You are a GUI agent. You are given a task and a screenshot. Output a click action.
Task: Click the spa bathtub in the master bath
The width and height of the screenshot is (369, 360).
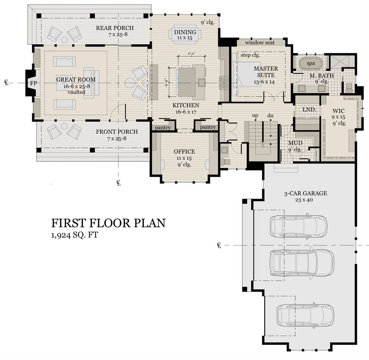pyautogui.click(x=311, y=63)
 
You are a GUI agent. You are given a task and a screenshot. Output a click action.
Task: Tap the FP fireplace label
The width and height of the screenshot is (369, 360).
pyautogui.click(x=33, y=83)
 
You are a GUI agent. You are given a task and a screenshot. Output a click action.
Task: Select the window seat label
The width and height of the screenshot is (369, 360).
pyautogui.click(x=260, y=43)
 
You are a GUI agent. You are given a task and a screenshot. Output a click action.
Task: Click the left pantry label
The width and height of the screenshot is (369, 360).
pyautogui.click(x=163, y=128)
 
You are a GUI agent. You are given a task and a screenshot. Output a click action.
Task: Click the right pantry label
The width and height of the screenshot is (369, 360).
pyautogui.click(x=208, y=127)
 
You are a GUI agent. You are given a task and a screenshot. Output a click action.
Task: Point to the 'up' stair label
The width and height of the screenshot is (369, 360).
pyautogui.click(x=255, y=116)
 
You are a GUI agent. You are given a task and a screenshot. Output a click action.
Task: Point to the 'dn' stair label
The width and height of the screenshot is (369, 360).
pyautogui.click(x=270, y=116)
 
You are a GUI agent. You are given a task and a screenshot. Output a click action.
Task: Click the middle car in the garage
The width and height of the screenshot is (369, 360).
pyautogui.click(x=302, y=263)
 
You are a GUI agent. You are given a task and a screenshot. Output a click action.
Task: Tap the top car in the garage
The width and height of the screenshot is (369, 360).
pyautogui.click(x=299, y=226)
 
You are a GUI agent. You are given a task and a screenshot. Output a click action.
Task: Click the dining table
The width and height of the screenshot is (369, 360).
pyautogui.click(x=185, y=34)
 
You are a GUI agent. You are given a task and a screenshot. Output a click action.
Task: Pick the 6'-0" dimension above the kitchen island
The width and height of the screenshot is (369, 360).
pyautogui.click(x=192, y=54)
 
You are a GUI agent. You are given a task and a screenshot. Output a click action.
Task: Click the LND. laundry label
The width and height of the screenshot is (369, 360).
pyautogui.click(x=309, y=110)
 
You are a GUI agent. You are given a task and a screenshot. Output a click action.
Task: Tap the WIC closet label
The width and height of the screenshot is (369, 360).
pyautogui.click(x=339, y=111)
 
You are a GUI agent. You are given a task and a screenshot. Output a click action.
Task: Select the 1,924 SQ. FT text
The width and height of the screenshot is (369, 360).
pyautogui.click(x=74, y=235)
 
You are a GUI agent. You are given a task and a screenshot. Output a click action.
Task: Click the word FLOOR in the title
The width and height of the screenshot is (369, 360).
pyautogui.click(x=110, y=223)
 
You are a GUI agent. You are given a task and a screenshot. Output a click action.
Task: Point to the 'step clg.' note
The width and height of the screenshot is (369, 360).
pyautogui.click(x=250, y=55)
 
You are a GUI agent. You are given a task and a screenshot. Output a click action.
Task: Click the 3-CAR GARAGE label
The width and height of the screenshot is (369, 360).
pyautogui.click(x=305, y=193)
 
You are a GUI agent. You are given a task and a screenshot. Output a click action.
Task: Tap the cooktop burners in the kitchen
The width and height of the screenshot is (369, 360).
pyautogui.click(x=224, y=83)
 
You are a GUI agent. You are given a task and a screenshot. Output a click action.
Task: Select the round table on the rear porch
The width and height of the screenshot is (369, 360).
pyautogui.click(x=64, y=39)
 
